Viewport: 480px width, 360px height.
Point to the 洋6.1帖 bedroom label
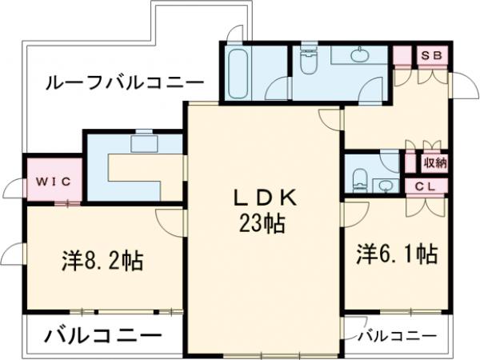397,255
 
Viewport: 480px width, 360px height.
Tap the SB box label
433,55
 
